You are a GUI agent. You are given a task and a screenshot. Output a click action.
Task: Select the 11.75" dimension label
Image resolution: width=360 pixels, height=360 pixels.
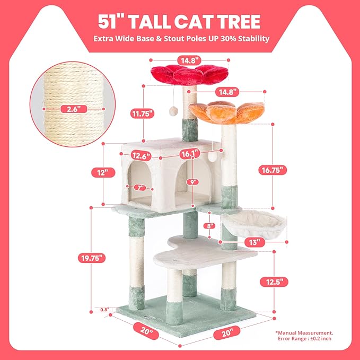coord(142,113)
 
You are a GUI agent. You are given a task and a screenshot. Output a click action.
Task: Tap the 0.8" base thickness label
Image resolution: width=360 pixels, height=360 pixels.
coord(104,310)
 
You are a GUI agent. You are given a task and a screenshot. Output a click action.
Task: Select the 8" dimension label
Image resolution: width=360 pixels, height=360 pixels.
coord(210,226)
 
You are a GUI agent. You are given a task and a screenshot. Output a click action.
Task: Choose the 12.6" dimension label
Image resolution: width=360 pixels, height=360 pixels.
coord(141,155)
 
